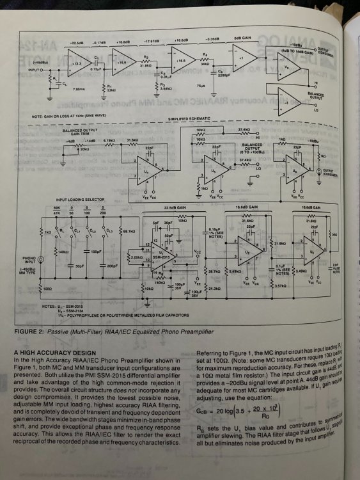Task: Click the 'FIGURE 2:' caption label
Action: tap(32, 333)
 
